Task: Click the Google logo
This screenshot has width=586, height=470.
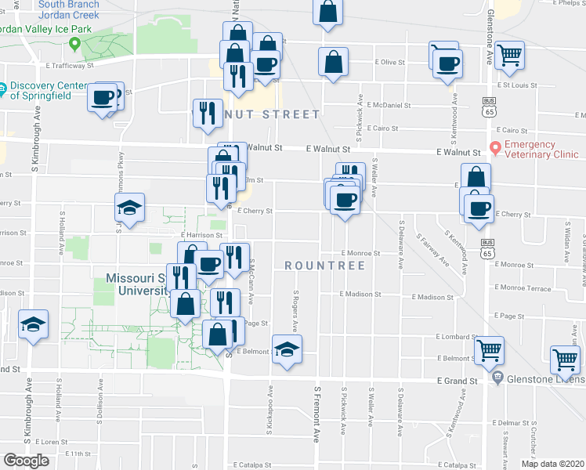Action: coord(26,461)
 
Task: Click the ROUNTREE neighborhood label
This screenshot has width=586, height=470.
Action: coord(325,266)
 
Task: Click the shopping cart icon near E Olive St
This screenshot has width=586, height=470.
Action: coord(509,55)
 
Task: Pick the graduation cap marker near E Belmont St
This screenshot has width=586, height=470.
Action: coord(287,349)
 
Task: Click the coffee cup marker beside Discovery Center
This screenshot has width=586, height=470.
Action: coord(103,98)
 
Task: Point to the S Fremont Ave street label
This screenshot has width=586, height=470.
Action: coord(318,411)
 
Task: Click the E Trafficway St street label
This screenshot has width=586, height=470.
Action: coord(70,67)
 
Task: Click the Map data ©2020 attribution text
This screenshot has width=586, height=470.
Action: coord(552,463)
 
